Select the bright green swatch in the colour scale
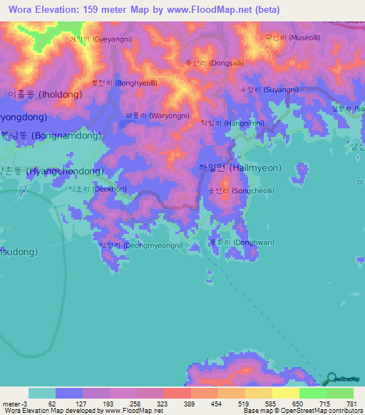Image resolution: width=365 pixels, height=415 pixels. pos(312,393)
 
